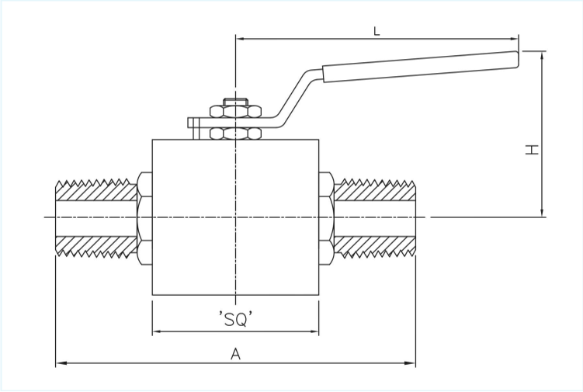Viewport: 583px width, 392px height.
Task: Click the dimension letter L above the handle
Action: coord(377,31)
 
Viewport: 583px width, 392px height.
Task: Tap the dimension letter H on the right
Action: coord(532,148)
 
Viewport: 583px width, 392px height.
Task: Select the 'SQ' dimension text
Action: coord(235,318)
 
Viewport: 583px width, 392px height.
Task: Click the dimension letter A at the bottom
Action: coord(235,354)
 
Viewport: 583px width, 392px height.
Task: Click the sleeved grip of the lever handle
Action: coord(420,65)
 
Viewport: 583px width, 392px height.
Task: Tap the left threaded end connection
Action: coord(95,217)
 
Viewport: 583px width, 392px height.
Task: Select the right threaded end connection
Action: coord(375,217)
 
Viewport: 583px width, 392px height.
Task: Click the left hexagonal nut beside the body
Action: coord(144,217)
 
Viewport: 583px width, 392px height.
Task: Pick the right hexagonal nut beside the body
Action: coord(326,217)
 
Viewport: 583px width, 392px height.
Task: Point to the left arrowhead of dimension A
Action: coord(59,363)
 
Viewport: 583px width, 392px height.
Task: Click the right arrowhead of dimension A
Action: coord(412,363)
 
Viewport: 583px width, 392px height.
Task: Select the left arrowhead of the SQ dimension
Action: coord(155,332)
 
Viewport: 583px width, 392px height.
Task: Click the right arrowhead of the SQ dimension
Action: coord(315,332)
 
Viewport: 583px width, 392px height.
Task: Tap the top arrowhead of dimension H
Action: coord(542,54)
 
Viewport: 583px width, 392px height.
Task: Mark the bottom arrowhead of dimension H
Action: coord(542,213)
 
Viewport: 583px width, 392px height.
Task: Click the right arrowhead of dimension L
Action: coord(515,38)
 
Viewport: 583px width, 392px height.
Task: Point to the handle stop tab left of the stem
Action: coord(194,127)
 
